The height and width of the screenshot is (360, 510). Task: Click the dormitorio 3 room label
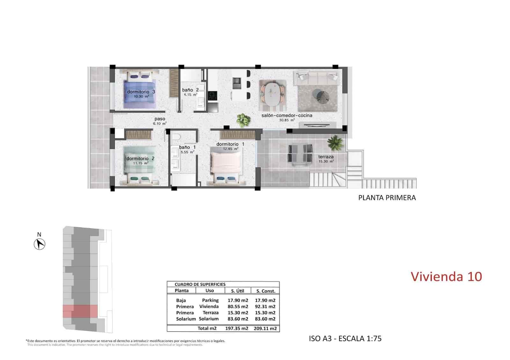point(141,92)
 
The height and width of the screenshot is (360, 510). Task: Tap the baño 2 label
point(190,90)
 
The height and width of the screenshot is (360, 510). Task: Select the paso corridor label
point(160,119)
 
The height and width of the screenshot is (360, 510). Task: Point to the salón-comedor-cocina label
point(287,116)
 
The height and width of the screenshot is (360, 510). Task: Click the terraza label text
point(326,157)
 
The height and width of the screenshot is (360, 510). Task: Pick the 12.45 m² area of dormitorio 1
point(230,149)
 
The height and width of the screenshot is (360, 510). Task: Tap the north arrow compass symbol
point(40,244)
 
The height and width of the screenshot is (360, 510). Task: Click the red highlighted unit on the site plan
point(80,311)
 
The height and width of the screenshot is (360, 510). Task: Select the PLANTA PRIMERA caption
point(387,198)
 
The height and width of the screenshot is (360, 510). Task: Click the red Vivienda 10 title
point(446,277)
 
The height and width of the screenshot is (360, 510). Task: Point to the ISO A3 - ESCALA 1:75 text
point(345,338)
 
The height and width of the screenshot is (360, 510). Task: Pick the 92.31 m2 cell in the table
point(265,306)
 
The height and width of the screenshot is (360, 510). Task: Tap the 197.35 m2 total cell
point(237,328)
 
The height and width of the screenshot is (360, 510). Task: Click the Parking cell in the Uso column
point(210,300)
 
